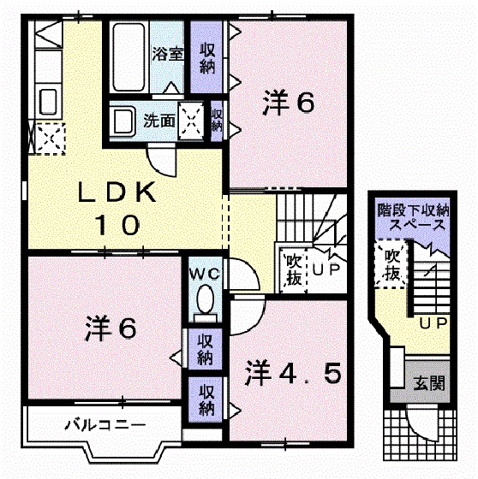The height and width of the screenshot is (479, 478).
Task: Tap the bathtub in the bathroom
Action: (x=128, y=57)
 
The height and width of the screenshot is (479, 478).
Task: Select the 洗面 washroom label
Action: (x=159, y=121)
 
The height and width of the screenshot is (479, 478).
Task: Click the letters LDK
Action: (x=117, y=192)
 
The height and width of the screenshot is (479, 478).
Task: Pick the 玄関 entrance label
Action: (x=431, y=383)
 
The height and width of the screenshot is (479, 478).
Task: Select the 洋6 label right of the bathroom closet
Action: (x=289, y=103)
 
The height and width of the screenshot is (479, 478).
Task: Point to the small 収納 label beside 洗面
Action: (x=217, y=120)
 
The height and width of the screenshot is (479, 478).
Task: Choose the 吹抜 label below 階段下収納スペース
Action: (x=392, y=264)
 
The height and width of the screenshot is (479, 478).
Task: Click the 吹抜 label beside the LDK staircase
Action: (x=292, y=268)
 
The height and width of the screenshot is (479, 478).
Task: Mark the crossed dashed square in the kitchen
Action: (x=45, y=136)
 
